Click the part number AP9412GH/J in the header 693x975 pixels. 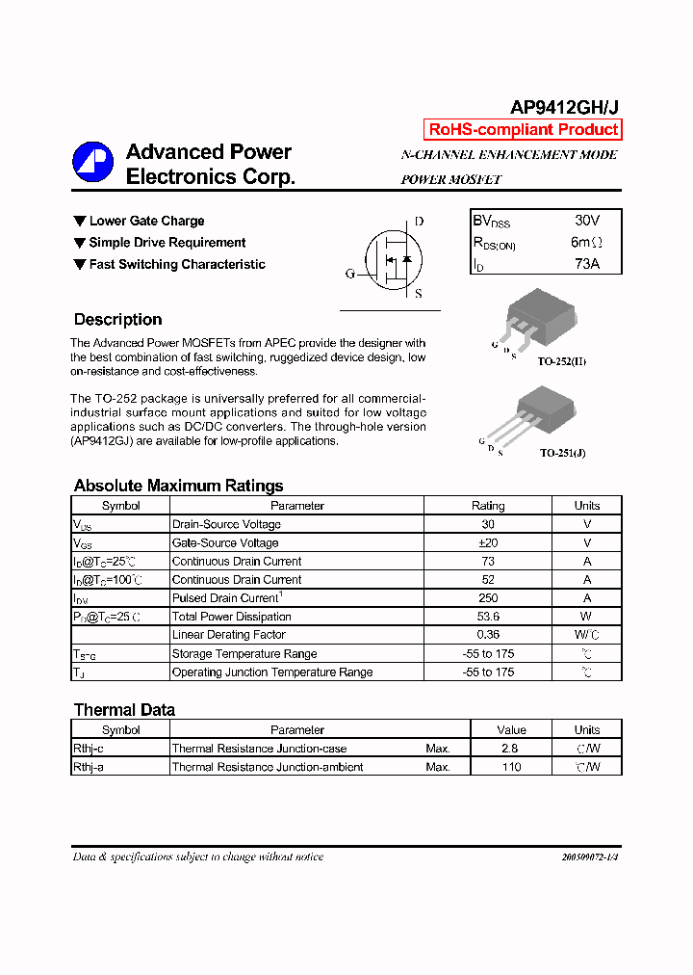pos(564,109)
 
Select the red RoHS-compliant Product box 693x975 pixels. pos(523,130)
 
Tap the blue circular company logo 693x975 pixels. pos(93,162)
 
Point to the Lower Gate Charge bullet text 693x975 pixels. pos(146,222)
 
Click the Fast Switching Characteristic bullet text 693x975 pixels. pos(177,265)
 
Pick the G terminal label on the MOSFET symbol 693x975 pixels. pos(349,274)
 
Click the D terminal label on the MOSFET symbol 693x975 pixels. pos(419,222)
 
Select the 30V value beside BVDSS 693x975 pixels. pos(585,221)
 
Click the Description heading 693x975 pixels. pos(117,320)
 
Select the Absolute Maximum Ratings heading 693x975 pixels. pos(178,486)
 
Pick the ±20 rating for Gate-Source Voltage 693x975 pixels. pos(487,543)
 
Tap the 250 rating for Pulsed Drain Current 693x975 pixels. pos(487,598)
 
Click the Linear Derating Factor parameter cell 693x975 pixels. pos(228,635)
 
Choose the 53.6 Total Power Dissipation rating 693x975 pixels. pos(487,617)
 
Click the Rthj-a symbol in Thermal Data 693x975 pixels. pos(89,767)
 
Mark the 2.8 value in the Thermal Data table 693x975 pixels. pos(511,749)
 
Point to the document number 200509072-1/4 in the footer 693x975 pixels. pos(589,856)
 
